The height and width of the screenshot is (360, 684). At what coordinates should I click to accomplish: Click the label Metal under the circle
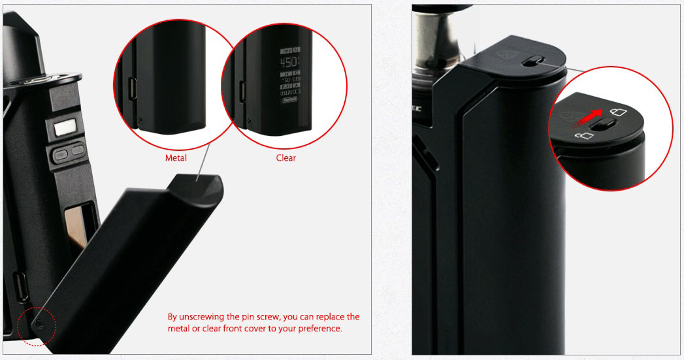coord(176,157)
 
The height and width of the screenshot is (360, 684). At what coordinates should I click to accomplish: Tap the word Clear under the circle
coord(286,157)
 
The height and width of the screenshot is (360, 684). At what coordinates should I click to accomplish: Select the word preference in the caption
coord(319,329)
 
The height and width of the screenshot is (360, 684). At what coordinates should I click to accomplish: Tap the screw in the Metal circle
coord(141,120)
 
